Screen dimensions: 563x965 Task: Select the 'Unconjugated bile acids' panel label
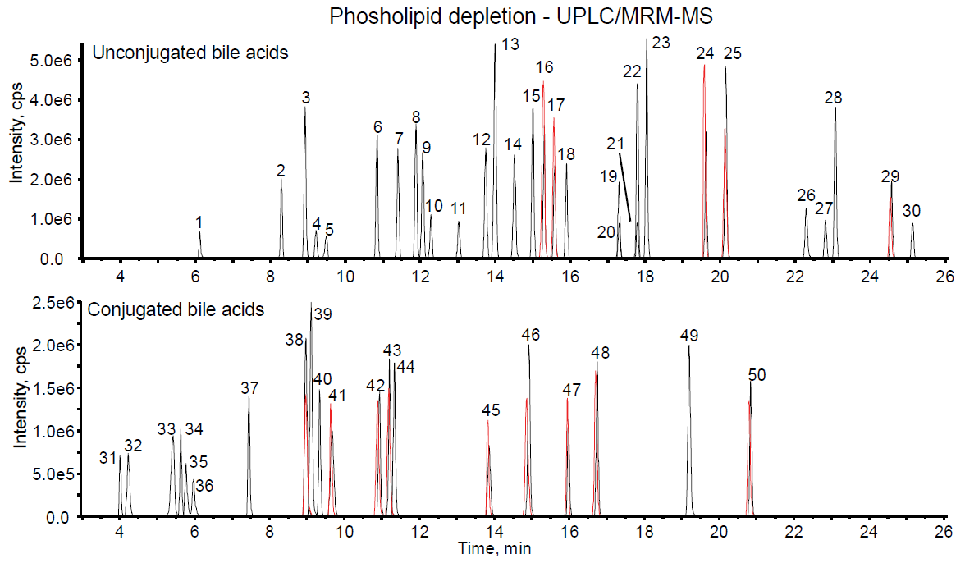coord(190,54)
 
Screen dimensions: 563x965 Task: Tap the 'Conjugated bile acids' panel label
coord(176,309)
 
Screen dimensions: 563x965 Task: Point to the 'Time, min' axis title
coord(495,548)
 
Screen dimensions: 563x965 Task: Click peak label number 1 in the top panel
coord(199,222)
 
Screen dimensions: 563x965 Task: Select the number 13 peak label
coord(510,45)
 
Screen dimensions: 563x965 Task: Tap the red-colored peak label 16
coord(545,67)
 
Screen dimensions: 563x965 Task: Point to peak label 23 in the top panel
coord(661,42)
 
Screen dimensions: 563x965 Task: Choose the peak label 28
coord(833,98)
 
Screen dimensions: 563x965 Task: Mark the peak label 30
coord(911,211)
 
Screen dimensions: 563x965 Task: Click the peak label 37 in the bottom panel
coord(250,387)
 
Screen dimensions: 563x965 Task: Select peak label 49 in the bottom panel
coord(688,336)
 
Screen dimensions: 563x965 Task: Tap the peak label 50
coord(757,375)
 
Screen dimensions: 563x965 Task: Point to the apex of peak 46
coord(528,345)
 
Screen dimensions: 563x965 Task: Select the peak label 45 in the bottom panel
coord(491,410)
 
